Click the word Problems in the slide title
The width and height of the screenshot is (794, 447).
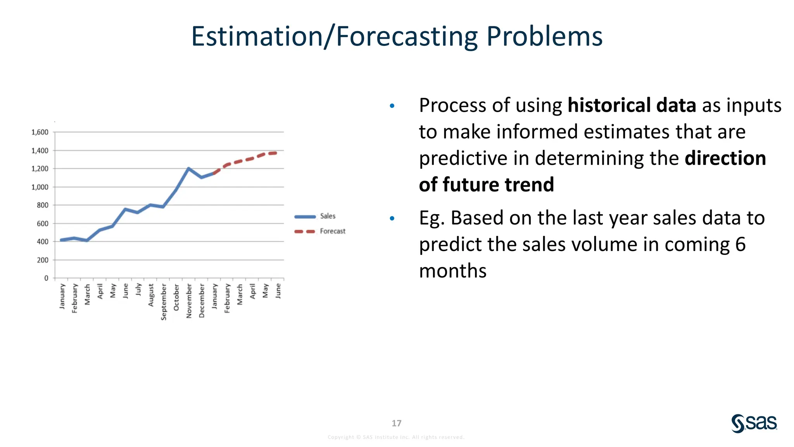[x=544, y=36]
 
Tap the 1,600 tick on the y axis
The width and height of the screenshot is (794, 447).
[x=40, y=132]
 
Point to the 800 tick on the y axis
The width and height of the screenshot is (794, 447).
[x=43, y=205]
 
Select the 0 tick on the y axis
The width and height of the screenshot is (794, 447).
[x=46, y=278]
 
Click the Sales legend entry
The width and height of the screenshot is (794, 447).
[x=328, y=216]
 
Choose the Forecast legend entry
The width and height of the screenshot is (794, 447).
[x=332, y=231]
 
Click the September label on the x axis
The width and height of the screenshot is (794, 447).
[x=164, y=302]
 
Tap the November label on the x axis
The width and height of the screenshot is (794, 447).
[x=189, y=301]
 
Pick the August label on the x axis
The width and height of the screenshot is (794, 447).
[x=151, y=295]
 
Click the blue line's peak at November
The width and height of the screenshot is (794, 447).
[x=189, y=168]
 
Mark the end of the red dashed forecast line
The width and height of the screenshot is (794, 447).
[x=276, y=153]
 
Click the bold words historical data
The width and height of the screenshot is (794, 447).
[x=632, y=106]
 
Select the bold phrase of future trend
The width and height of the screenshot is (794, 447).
[x=486, y=185]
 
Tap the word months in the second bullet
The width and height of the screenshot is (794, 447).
[x=452, y=271]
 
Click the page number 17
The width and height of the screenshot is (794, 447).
[x=396, y=423]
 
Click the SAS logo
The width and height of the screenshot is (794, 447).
[x=754, y=423]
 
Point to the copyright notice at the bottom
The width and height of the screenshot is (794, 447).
[x=396, y=437]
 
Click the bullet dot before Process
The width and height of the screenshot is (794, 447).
[x=392, y=106]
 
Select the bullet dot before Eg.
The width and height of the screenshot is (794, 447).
[x=392, y=218]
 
